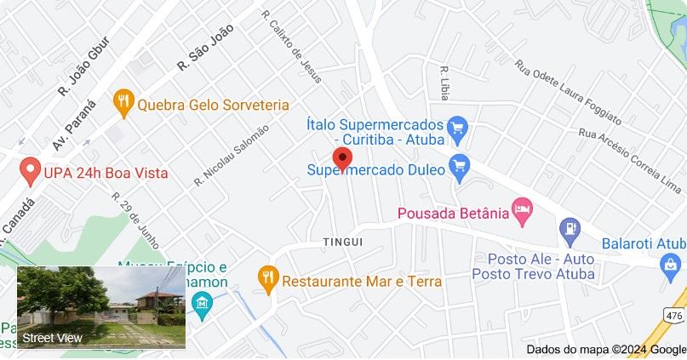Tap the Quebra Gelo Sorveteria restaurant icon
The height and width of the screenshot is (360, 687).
click(124, 104)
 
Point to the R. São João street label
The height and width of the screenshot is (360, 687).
click(204, 53)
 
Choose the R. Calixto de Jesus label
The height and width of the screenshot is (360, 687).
click(292, 46)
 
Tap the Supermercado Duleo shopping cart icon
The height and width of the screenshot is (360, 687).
click(461, 168)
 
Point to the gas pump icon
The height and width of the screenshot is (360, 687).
click(570, 228)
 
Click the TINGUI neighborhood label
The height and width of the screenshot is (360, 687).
click(343, 243)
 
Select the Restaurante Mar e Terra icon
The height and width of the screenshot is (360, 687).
click(269, 277)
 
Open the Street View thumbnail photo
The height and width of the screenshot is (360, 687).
click(102, 307)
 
